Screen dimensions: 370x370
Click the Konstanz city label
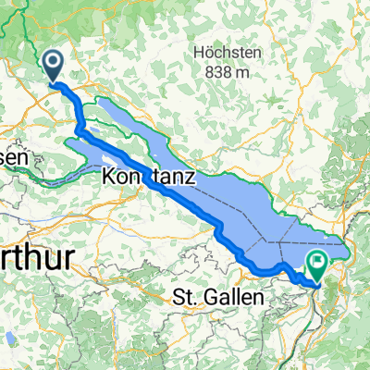(x=148, y=175)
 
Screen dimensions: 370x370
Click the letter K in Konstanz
(x=109, y=175)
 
